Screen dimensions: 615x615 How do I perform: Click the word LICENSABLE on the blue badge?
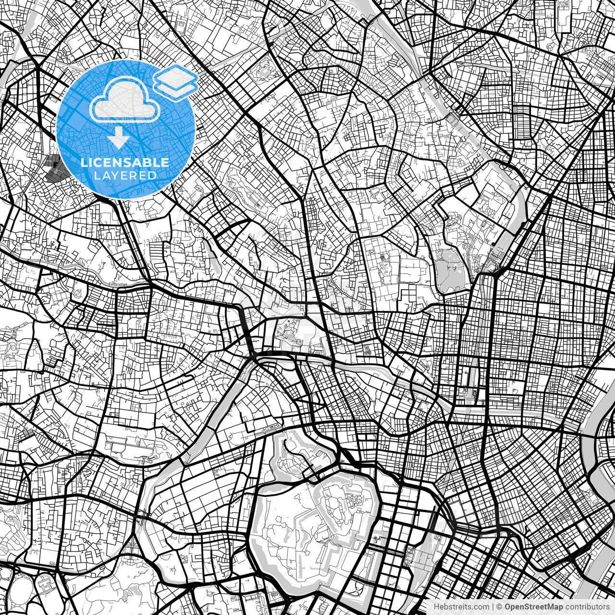click(x=125, y=163)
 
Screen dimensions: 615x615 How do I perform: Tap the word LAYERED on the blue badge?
click(x=125, y=175)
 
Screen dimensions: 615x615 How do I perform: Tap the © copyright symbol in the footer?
click(x=499, y=607)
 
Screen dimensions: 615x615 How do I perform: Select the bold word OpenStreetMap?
click(x=532, y=607)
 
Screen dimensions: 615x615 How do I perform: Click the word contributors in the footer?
click(x=586, y=607)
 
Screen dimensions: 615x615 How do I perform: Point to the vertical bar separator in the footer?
click(x=493, y=607)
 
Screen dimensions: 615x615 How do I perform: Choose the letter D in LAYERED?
click(x=152, y=175)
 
